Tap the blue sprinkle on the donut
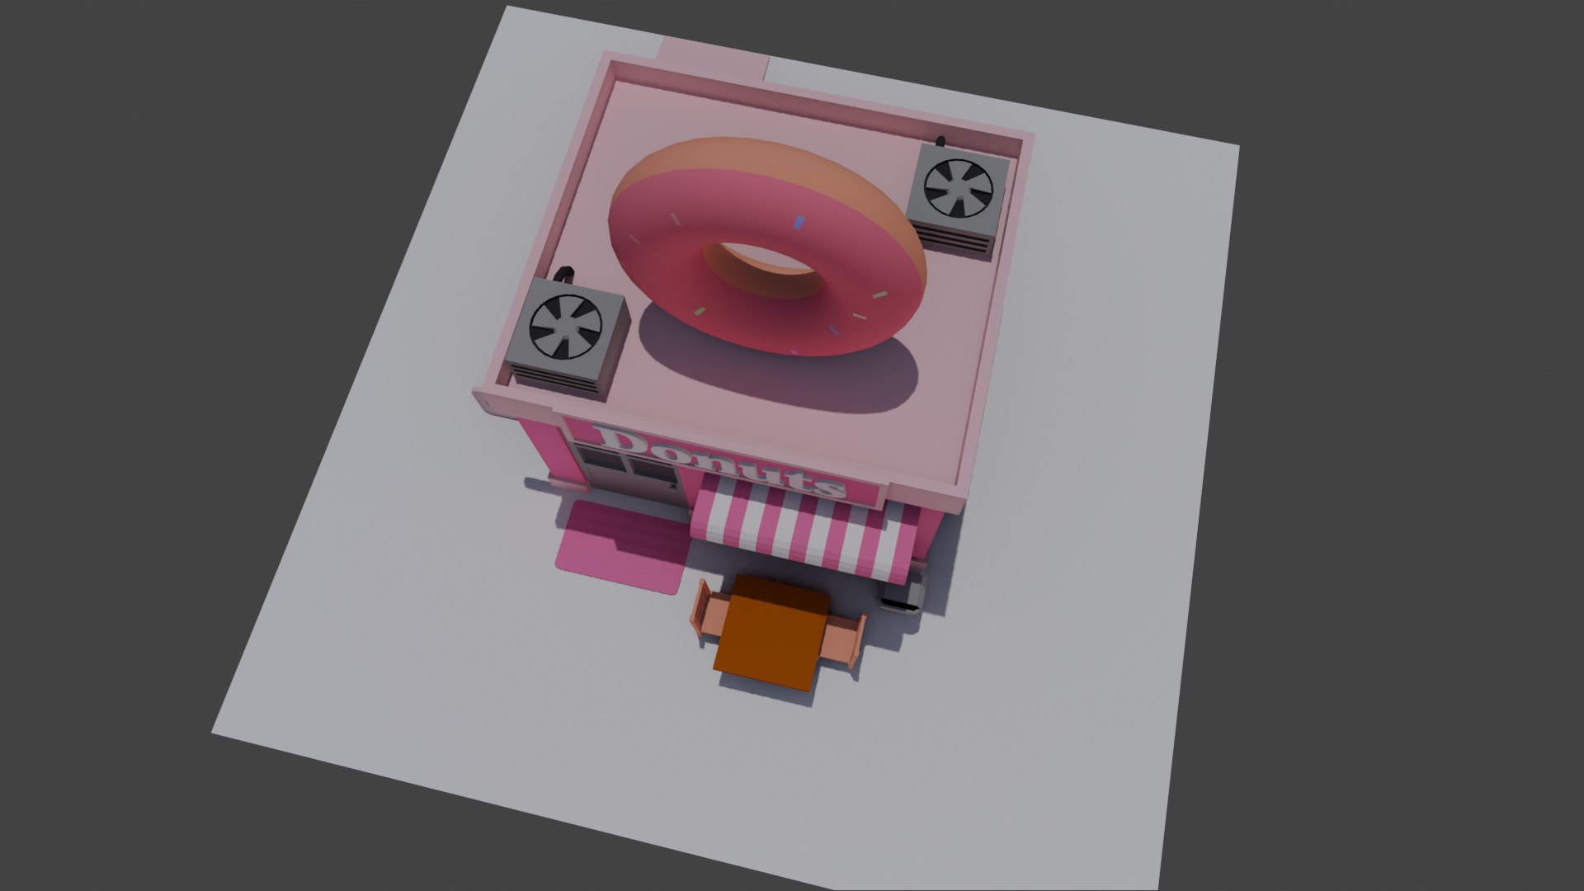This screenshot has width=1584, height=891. tap(798, 221)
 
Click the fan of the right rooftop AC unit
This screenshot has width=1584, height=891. tap(958, 189)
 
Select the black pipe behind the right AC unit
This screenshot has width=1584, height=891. tap(940, 140)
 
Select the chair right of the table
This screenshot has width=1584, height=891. tap(845, 640)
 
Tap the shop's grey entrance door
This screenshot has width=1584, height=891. tap(652, 478)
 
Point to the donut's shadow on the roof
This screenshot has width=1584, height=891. tap(775, 371)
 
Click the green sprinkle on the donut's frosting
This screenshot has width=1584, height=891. tap(700, 312)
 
